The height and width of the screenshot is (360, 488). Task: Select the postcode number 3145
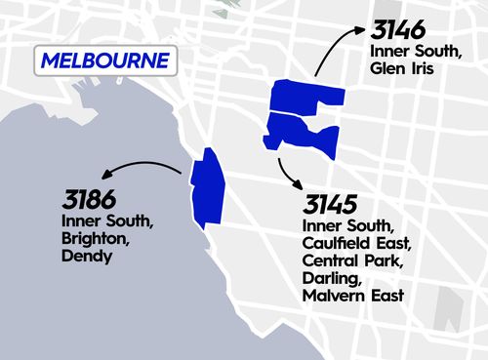pyautogui.click(x=329, y=206)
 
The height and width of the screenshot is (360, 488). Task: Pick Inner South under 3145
pyautogui.click(x=346, y=226)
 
